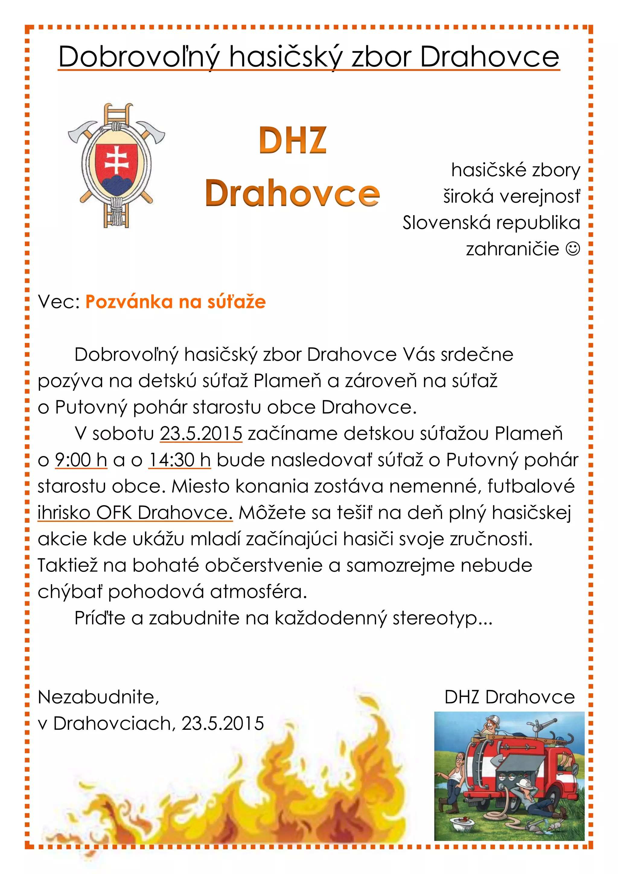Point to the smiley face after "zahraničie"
573,249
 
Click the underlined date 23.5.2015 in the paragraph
201,434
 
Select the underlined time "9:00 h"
81,460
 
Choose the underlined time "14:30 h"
179,460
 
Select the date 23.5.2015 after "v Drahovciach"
223,724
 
